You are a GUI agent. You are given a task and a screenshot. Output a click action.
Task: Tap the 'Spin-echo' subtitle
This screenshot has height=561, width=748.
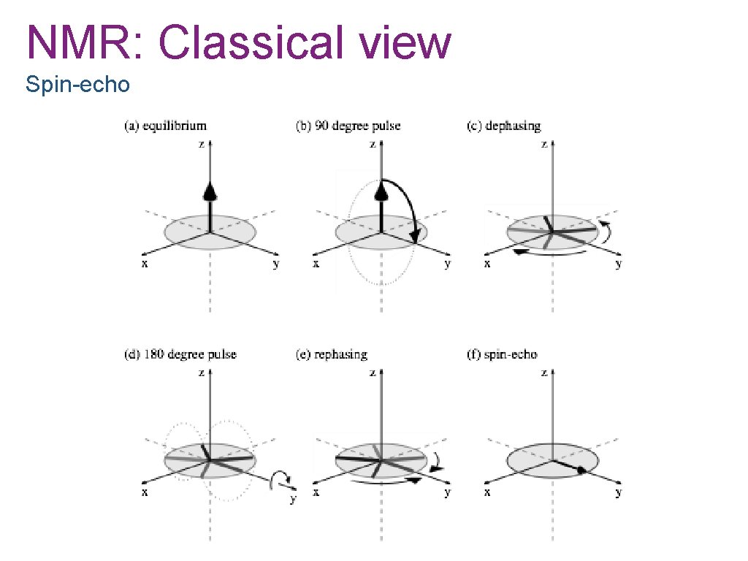tap(77, 85)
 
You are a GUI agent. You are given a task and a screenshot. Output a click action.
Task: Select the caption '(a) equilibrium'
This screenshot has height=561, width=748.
tap(165, 126)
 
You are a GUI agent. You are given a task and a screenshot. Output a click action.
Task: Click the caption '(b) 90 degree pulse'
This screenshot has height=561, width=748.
tap(348, 126)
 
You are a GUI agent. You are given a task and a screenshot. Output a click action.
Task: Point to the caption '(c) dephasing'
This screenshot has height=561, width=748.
tap(503, 126)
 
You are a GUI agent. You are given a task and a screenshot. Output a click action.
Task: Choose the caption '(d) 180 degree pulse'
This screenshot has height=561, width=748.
tap(180, 355)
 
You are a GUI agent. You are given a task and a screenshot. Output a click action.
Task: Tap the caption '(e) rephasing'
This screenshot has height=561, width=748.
tap(331, 355)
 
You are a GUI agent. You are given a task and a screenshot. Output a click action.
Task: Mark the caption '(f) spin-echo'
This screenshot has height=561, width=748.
tap(501, 355)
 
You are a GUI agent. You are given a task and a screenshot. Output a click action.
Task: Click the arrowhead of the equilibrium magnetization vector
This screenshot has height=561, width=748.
tap(210, 192)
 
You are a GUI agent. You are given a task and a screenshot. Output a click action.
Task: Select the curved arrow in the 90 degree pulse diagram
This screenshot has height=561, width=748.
tap(411, 205)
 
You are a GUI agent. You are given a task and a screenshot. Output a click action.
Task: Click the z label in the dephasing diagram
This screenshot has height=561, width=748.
tap(544, 144)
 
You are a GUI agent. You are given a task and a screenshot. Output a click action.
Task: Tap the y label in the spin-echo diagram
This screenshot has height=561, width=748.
tap(619, 492)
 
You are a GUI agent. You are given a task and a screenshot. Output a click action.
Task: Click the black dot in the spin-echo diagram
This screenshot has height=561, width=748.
tap(581, 471)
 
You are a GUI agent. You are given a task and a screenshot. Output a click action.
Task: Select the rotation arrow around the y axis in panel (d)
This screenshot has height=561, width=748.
tap(280, 479)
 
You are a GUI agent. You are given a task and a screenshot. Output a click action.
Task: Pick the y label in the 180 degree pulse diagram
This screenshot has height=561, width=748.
tap(293, 499)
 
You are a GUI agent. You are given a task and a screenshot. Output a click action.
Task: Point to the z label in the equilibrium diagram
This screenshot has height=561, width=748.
tap(202, 144)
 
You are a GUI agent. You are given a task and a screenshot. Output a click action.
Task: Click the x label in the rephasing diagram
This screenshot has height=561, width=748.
tap(316, 492)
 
